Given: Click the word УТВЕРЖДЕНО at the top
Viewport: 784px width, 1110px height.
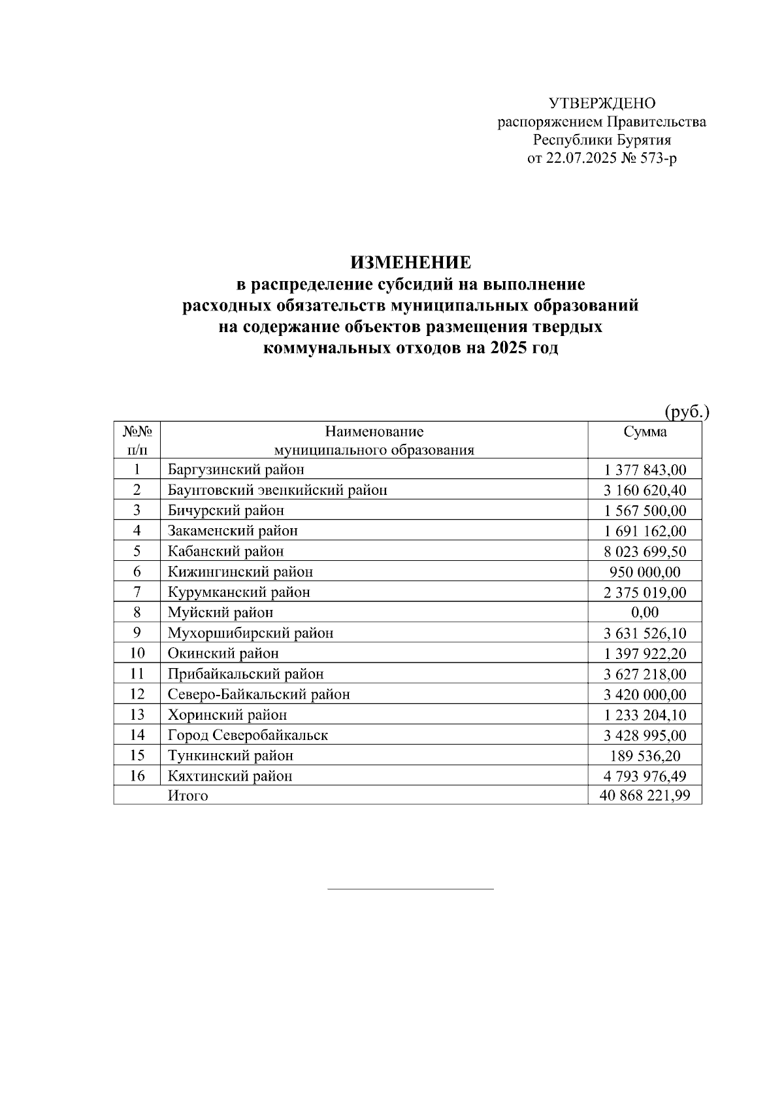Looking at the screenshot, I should click(x=602, y=103).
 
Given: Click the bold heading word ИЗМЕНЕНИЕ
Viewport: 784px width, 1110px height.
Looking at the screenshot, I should click(x=410, y=263).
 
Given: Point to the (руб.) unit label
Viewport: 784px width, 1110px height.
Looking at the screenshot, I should click(x=687, y=412).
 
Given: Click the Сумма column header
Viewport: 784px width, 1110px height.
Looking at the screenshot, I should click(x=645, y=432).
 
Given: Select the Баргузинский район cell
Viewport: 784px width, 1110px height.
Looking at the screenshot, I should click(x=236, y=469).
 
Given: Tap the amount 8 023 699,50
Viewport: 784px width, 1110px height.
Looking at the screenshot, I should click(x=645, y=552).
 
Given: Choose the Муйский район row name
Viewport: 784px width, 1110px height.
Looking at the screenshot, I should click(x=220, y=613).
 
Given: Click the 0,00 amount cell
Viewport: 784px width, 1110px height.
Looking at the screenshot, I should click(x=645, y=613).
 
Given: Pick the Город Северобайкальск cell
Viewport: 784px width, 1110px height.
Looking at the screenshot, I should click(x=248, y=735).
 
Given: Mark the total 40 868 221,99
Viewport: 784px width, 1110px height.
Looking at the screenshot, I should click(x=645, y=796).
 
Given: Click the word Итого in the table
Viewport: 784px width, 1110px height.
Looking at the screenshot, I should click(x=188, y=796).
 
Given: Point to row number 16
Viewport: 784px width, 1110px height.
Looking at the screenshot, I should click(x=137, y=776).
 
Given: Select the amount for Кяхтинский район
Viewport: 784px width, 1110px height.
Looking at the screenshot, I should click(x=645, y=776).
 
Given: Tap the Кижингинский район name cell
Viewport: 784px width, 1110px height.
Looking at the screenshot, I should click(x=240, y=572).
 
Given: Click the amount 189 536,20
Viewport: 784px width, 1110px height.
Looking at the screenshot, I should click(x=645, y=756).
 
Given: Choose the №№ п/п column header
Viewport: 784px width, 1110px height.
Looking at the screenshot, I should click(x=137, y=440).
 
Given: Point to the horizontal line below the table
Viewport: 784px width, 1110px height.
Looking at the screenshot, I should click(x=410, y=889).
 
